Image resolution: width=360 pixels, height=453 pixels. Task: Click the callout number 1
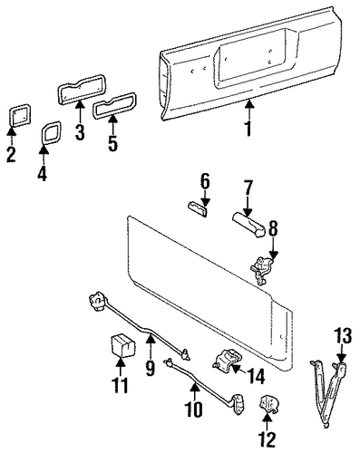click(248, 129)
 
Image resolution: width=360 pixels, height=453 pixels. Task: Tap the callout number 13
click(343, 335)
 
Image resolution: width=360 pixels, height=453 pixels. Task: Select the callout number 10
click(194, 410)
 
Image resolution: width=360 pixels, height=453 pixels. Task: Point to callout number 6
click(205, 182)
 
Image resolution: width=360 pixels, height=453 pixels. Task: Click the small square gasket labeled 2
click(20, 114)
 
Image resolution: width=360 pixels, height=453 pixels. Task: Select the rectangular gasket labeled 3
click(81, 86)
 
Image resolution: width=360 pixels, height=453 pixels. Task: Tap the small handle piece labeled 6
click(198, 209)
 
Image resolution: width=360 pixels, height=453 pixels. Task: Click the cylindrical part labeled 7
click(249, 226)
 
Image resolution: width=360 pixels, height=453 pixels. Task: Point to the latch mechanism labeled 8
click(260, 270)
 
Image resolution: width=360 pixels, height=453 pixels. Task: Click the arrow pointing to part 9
click(151, 344)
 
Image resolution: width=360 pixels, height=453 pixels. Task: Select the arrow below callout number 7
click(248, 207)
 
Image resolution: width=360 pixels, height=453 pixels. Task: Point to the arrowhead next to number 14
click(236, 368)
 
